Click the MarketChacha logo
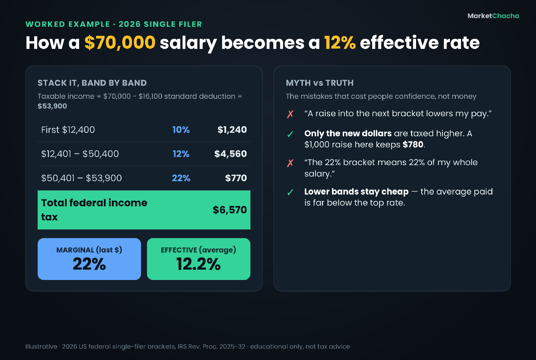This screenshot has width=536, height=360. tap(493, 16)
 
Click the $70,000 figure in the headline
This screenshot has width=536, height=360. tap(120, 43)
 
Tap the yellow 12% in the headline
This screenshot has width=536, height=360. tap(340, 43)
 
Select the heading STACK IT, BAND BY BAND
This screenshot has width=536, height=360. tap(92, 83)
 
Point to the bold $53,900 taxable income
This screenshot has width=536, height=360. tap(52, 106)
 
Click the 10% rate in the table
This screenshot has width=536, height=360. tap(181, 130)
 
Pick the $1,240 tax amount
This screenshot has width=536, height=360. tap(232, 130)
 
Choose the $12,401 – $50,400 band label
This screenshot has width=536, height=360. tap(80, 154)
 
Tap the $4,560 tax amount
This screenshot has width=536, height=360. tap(230, 154)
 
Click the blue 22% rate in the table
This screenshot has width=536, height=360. tap(181, 178)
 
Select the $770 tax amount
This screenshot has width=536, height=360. tap(236, 178)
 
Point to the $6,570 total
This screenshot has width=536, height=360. tap(230, 210)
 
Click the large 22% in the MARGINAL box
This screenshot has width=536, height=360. tap(89, 264)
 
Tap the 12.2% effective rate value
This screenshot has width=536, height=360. tap(198, 264)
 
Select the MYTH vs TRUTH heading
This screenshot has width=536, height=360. tap(320, 83)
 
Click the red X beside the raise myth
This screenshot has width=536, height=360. tap(290, 114)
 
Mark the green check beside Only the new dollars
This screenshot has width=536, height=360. tap(290, 134)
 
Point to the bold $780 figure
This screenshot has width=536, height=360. tap(413, 144)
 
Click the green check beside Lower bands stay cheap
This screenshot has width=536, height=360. tap(290, 192)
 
